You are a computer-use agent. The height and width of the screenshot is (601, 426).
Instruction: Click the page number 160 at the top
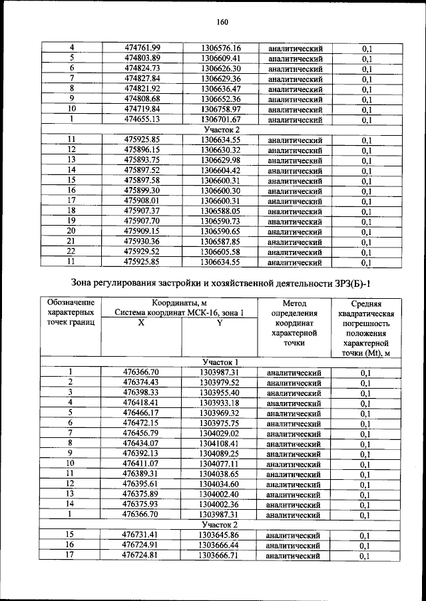(222, 21)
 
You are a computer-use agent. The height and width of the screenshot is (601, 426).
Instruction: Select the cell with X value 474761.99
(143, 48)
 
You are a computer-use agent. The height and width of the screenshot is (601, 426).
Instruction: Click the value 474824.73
(143, 69)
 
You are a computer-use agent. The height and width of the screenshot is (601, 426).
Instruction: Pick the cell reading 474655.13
(143, 120)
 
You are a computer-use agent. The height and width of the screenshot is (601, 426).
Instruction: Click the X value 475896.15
(143, 150)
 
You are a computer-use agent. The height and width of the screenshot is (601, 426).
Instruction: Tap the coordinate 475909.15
(143, 232)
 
